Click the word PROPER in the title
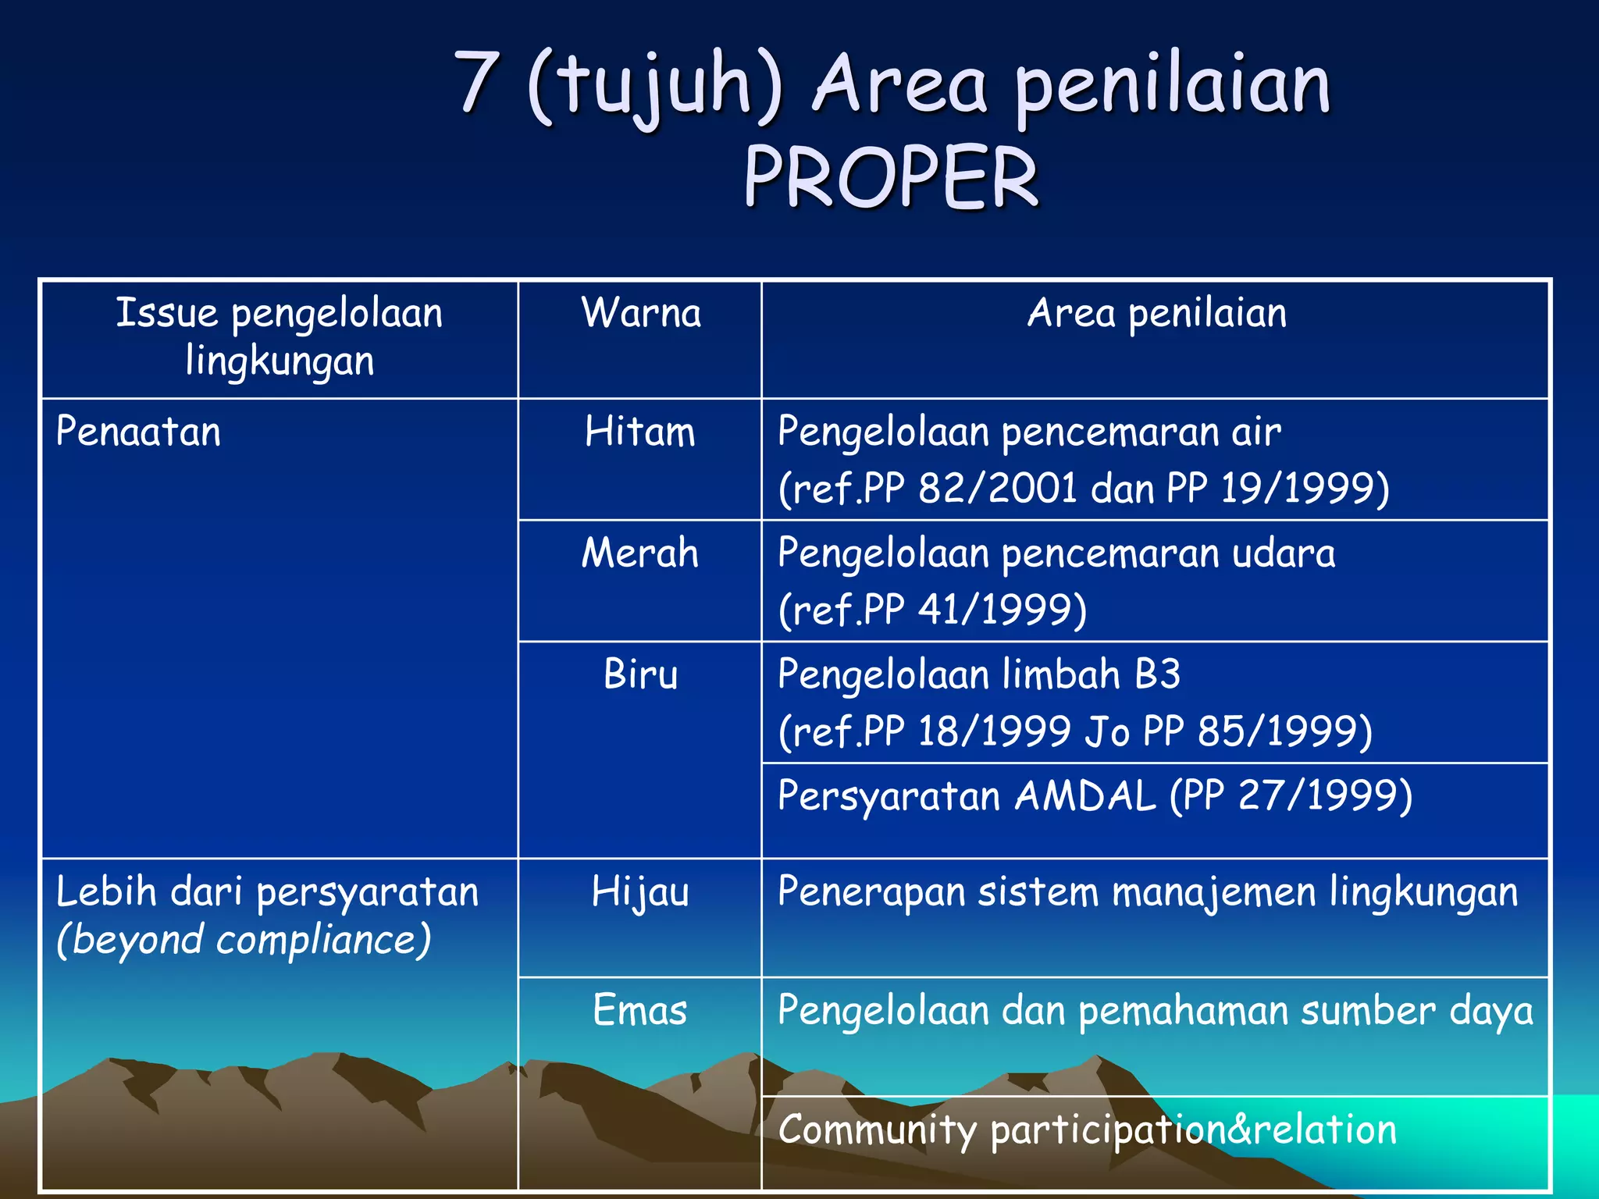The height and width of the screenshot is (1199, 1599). point(890,177)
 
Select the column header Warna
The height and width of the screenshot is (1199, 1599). point(641,313)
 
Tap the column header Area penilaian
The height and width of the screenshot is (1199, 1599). point(1156,313)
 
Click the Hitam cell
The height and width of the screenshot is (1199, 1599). point(640,432)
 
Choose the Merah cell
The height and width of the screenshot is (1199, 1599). point(640,553)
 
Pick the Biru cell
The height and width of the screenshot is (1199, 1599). point(640,674)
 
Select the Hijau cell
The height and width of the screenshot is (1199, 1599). point(640,891)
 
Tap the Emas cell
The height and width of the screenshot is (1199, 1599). point(640,1010)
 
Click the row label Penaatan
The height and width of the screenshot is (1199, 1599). point(138,432)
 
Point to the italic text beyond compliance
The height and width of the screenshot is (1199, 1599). point(244,940)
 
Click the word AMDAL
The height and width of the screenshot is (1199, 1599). point(1084,796)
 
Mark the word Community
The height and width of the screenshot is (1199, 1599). point(877,1130)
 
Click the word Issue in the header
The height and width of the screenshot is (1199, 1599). point(166,313)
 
